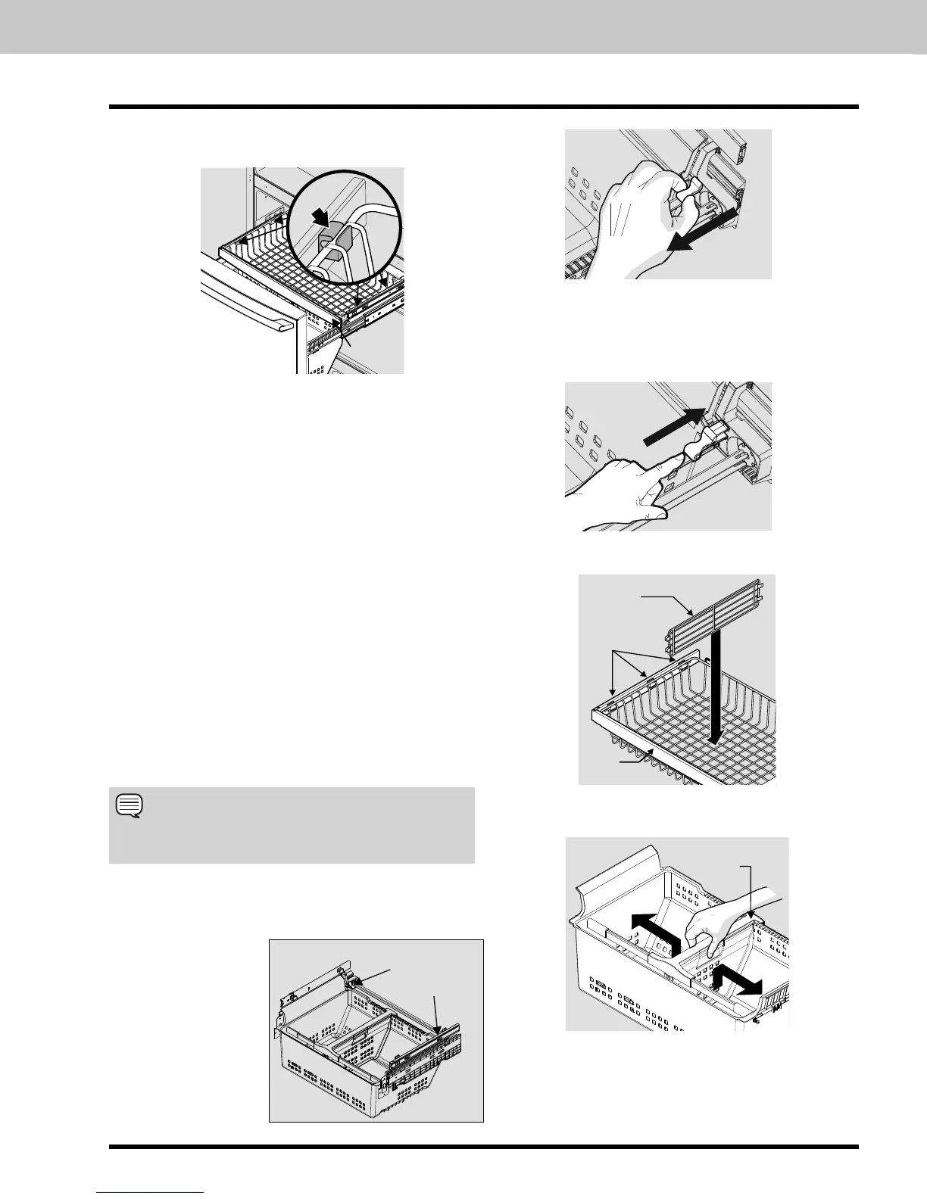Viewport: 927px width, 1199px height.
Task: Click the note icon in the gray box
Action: click(126, 806)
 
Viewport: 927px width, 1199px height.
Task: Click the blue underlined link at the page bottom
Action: click(150, 1194)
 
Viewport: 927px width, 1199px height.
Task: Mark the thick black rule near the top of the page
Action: click(484, 107)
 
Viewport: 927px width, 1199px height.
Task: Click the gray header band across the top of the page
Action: click(463, 26)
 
